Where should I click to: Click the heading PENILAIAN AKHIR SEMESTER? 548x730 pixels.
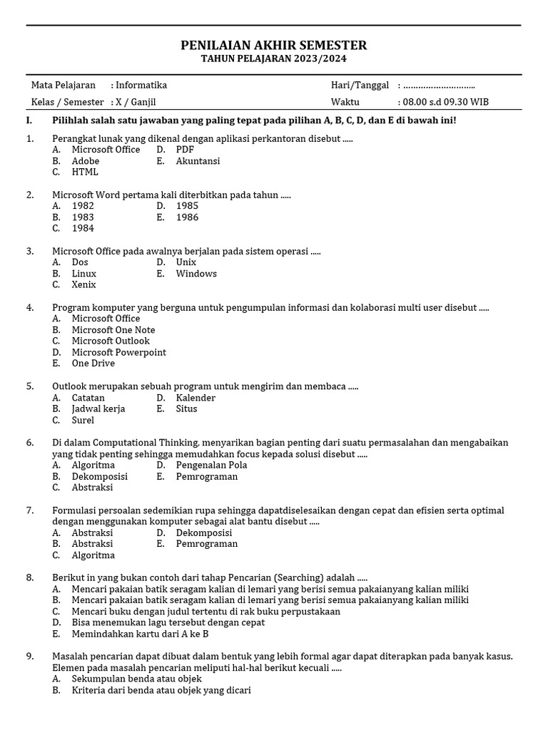274,46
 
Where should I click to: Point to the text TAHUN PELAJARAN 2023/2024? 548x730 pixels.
274,59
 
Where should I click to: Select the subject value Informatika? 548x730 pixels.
141,86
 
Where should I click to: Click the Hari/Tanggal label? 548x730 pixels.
360,86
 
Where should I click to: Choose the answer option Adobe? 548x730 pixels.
86,161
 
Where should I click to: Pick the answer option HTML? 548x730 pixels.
85,172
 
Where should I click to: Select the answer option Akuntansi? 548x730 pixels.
198,161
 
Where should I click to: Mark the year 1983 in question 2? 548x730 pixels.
83,217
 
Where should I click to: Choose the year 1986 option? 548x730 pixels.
187,217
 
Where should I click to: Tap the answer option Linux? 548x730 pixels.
84,274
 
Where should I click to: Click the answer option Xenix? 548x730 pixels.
84,284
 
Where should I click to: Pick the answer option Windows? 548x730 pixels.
196,274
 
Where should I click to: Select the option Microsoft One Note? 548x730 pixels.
113,330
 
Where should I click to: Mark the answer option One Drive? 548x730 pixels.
93,364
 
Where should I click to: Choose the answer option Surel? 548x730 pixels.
83,420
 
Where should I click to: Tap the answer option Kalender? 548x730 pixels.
196,398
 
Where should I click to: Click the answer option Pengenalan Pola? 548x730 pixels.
211,466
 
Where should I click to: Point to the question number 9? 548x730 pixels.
30,657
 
